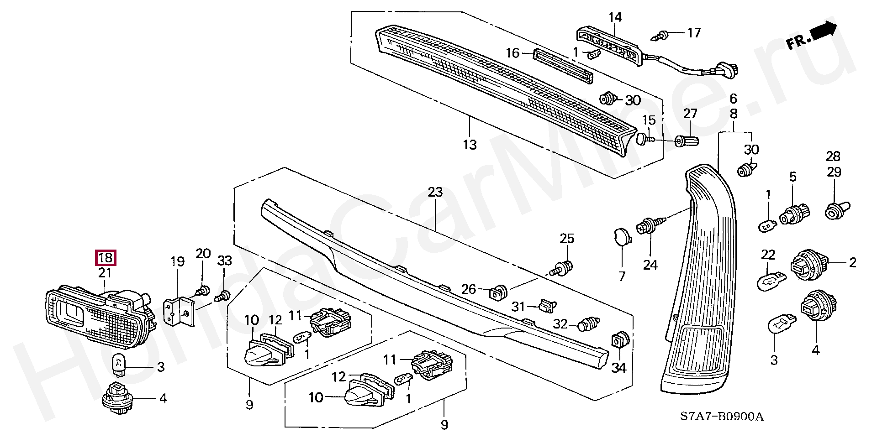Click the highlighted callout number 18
[x=105, y=258]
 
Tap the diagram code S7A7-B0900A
[x=722, y=416]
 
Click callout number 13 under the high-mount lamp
[x=470, y=145]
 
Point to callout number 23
[x=435, y=192]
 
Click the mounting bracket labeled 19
[x=179, y=310]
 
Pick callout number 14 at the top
[x=615, y=18]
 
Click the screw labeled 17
[x=660, y=34]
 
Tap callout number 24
[x=650, y=265]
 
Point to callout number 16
[x=513, y=53]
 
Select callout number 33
[x=224, y=261]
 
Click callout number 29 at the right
[x=834, y=172]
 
